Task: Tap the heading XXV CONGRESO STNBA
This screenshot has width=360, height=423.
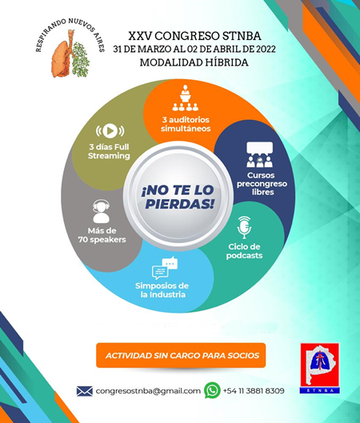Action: [195, 36]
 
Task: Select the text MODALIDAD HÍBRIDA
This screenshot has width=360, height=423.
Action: [194, 62]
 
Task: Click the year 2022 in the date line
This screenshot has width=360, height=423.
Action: [266, 49]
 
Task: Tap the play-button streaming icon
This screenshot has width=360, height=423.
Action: [110, 131]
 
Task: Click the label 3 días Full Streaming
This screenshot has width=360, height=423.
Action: [109, 151]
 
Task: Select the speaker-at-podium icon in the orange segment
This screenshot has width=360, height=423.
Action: [186, 98]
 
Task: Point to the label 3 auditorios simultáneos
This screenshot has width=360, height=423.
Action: [186, 124]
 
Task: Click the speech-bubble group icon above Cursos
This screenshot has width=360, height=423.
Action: [260, 154]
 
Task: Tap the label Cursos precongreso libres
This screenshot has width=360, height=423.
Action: [262, 184]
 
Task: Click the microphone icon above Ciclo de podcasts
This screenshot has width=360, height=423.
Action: [244, 227]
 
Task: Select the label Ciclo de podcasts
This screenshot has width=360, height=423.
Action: [244, 251]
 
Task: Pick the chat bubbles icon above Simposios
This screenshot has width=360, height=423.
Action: [165, 268]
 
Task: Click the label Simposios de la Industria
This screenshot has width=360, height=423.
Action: [162, 290]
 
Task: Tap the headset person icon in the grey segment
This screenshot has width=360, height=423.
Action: [101, 211]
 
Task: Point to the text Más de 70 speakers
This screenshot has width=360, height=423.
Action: [102, 235]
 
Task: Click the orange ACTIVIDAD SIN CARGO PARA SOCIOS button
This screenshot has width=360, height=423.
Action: [181, 355]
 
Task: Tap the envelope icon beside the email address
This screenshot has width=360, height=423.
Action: [85, 391]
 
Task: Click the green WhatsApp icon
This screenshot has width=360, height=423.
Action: [212, 390]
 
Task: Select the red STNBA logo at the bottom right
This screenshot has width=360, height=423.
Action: [320, 368]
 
